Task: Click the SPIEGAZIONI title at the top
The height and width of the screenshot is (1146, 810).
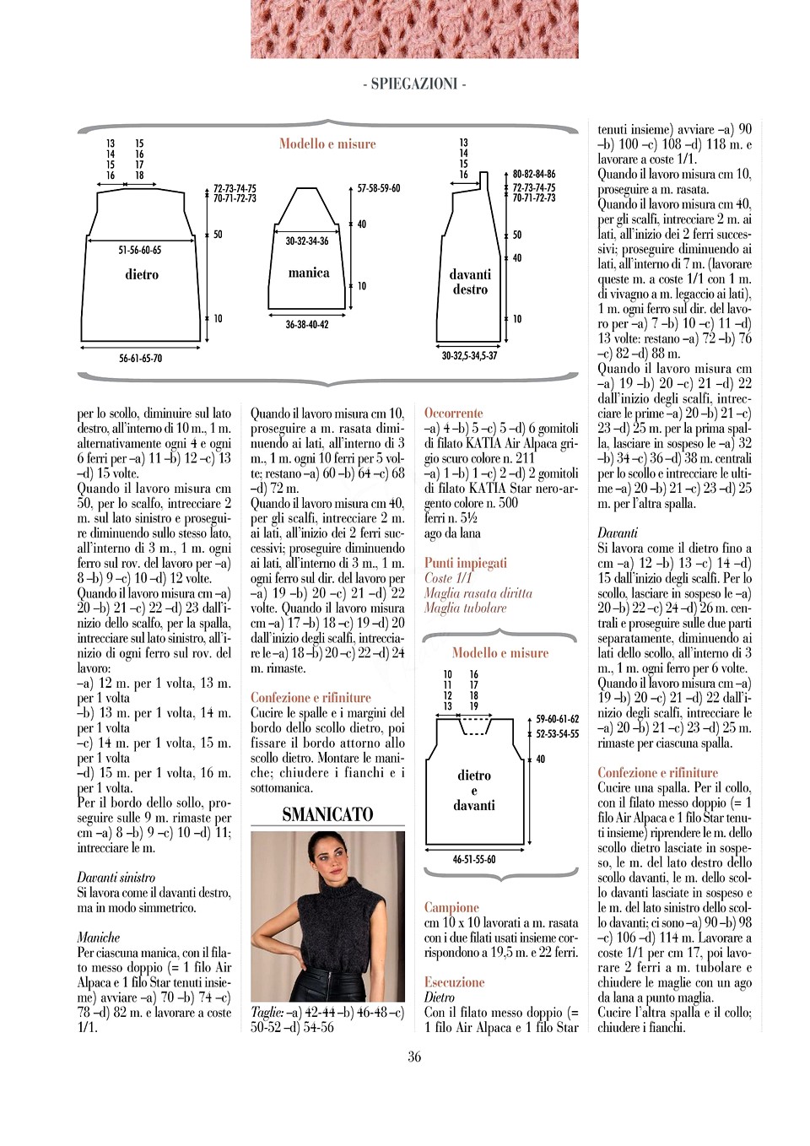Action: pos(413,84)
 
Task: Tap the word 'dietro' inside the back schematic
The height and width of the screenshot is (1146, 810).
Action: pos(142,274)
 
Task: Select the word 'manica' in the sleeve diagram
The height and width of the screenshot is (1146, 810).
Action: pos(309,273)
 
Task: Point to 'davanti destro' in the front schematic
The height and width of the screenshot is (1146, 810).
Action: pos(470,282)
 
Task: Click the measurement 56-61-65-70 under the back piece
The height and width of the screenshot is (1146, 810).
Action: pos(140,359)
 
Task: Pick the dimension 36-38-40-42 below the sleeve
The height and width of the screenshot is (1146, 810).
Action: pos(307,324)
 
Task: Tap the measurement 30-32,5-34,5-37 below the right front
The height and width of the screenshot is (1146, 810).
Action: pos(469,355)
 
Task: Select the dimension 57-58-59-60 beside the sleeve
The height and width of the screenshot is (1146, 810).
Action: pos(379,188)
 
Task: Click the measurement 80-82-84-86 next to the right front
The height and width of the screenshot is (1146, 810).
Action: pos(534,174)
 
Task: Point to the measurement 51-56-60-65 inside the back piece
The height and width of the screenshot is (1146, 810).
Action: pos(140,250)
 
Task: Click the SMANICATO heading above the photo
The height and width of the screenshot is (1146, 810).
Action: pos(327,814)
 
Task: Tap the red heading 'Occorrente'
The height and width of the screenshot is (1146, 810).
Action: pos(453,414)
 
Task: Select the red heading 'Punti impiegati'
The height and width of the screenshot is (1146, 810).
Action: pos(466,563)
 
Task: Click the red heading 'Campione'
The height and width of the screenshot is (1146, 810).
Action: pos(451,907)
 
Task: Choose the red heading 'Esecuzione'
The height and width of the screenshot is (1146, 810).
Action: pos(454,982)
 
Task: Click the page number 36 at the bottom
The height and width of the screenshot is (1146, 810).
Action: pos(414,1057)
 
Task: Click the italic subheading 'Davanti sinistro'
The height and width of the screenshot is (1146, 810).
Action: pos(116,878)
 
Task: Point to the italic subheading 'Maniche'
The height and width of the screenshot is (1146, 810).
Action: pos(99,938)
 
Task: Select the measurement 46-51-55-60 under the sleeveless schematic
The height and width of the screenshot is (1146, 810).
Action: pos(474,859)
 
